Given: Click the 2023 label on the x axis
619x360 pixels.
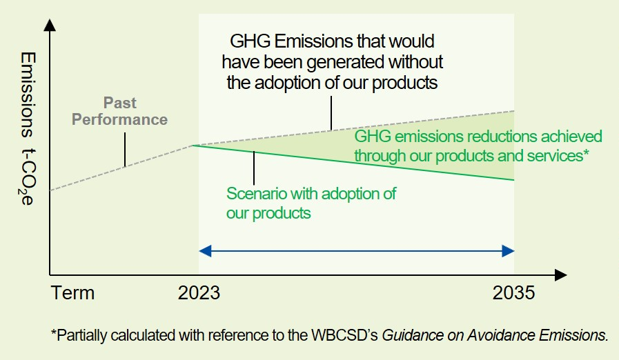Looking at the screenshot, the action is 199,293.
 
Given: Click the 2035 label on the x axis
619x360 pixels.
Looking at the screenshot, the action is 513,293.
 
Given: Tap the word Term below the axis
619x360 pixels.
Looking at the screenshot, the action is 72,293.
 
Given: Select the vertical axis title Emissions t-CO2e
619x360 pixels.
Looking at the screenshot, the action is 28,128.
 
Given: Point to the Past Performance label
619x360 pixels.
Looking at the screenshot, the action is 119,111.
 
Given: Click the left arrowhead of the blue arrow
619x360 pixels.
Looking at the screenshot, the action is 205,251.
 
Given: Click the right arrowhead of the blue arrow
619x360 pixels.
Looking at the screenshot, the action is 508,251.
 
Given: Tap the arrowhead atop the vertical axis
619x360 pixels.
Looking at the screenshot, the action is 50,25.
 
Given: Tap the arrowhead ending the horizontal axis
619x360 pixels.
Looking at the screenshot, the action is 560,274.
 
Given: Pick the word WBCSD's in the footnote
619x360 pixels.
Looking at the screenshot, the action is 344,335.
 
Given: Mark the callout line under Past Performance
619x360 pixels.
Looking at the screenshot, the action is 125,150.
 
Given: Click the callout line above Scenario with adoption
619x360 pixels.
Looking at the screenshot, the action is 254,168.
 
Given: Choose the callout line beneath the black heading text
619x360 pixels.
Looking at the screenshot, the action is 331,113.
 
